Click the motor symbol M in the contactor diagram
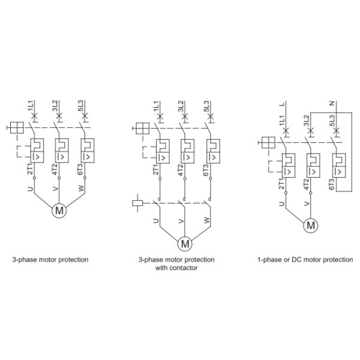click(185, 244)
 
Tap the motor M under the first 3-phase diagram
click(59, 211)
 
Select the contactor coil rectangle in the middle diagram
click(137, 203)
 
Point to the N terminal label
click(332, 104)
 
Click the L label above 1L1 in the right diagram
click(282, 104)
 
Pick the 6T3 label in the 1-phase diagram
click(331, 184)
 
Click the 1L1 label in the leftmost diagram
click(31, 106)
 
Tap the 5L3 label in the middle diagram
click(206, 107)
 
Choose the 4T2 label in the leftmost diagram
click(55, 169)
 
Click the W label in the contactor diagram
click(207, 220)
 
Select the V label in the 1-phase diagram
click(307, 203)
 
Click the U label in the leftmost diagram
click(31, 189)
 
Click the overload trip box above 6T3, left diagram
click(88, 151)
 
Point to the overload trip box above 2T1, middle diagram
click(163, 151)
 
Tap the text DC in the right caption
click(295, 260)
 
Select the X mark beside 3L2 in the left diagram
click(59, 116)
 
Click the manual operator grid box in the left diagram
click(17, 127)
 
